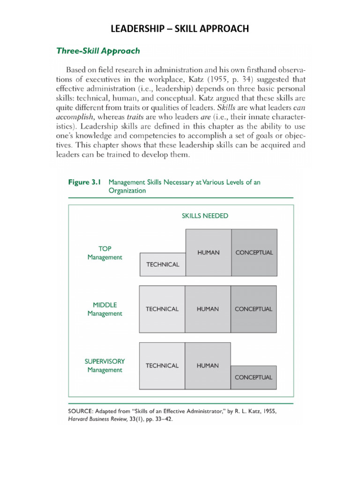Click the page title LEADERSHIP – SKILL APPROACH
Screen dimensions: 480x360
click(180, 30)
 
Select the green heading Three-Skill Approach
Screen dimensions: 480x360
click(98, 51)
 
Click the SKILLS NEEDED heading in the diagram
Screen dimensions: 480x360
click(205, 216)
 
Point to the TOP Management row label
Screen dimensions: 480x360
click(105, 253)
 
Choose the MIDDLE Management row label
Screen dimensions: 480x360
click(105, 309)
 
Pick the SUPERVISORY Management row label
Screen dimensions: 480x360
click(105, 366)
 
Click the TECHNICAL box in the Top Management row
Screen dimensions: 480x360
click(163, 264)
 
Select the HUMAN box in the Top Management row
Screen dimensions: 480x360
click(208, 252)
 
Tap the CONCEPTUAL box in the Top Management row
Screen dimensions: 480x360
click(254, 252)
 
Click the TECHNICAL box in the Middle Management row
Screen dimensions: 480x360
click(162, 309)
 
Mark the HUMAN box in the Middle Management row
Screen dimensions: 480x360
click(208, 309)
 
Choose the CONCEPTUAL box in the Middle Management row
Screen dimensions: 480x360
click(253, 309)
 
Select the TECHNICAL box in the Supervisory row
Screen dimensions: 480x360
click(162, 366)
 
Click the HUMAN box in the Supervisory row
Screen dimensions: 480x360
click(208, 366)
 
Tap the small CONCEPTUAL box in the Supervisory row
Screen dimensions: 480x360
click(253, 377)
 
